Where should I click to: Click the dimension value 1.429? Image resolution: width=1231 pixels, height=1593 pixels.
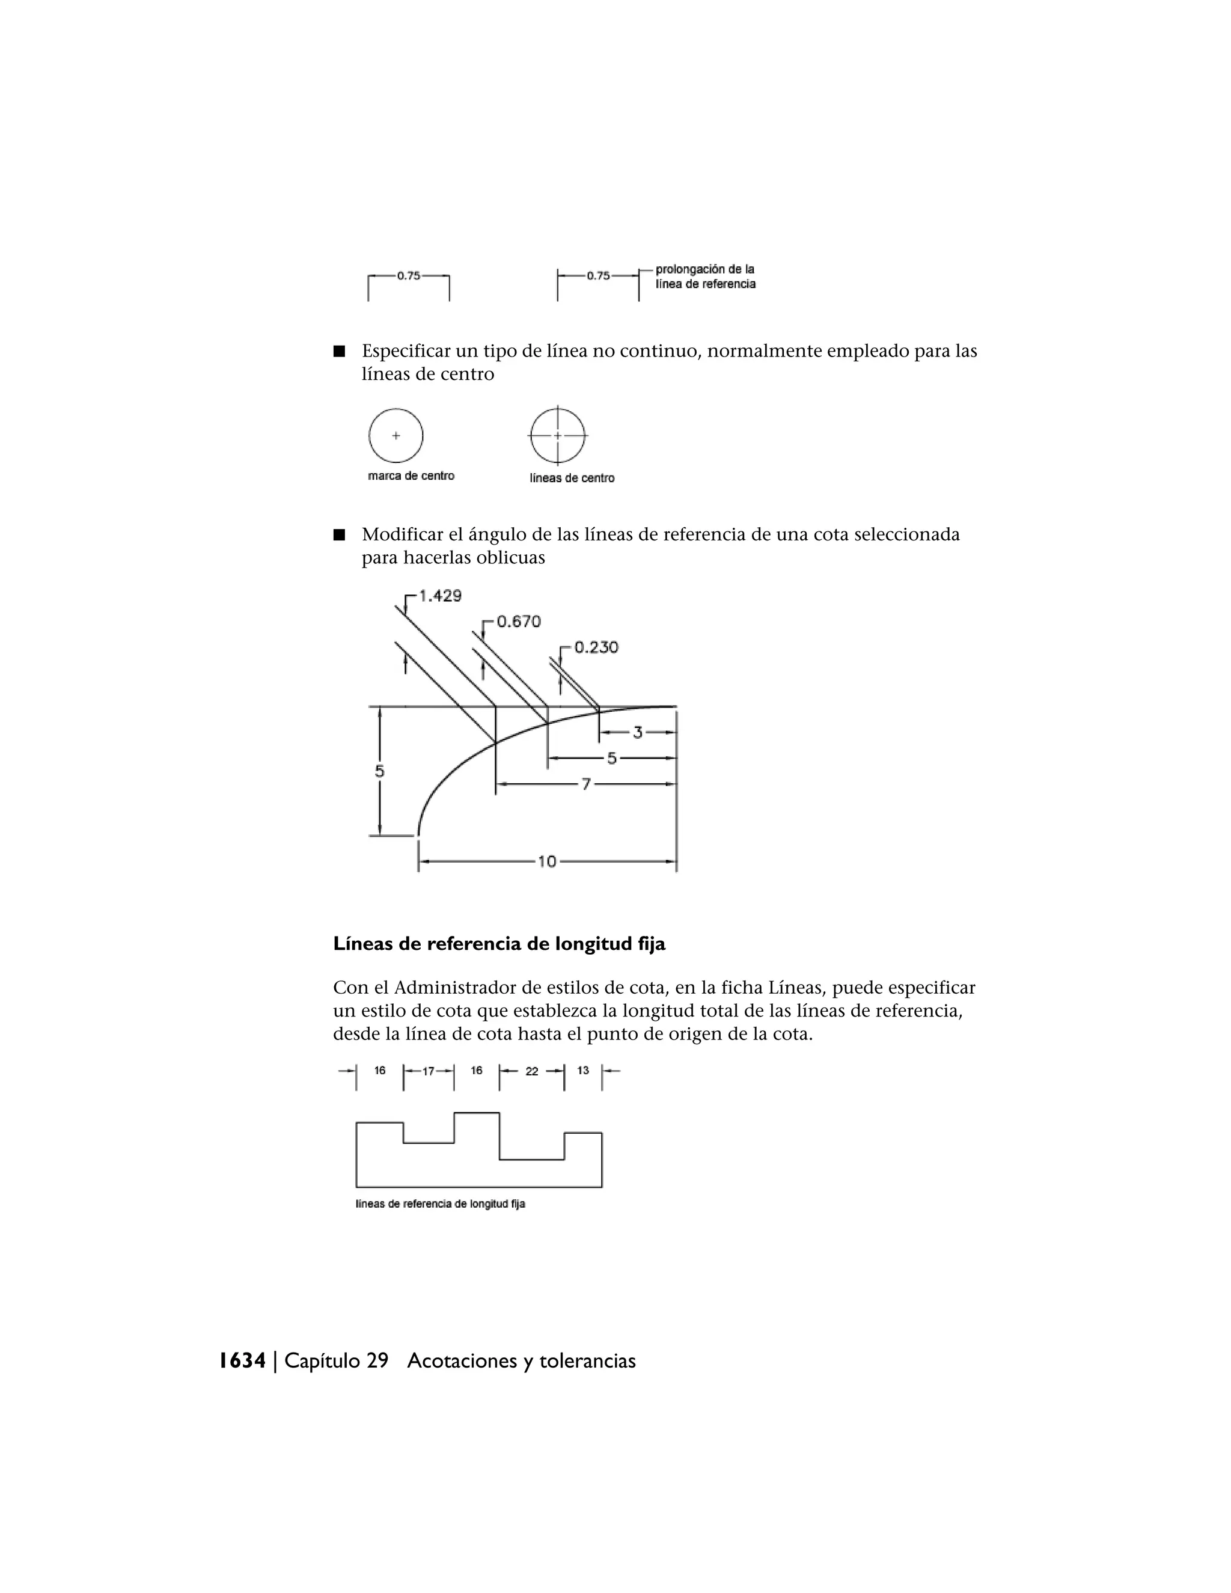pyautogui.click(x=440, y=596)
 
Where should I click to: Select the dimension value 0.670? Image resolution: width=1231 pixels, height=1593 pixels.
pyautogui.click(x=519, y=622)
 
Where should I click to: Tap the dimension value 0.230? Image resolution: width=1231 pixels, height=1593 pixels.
pyautogui.click(x=596, y=647)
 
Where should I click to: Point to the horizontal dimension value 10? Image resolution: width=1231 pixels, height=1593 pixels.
pyautogui.click(x=547, y=861)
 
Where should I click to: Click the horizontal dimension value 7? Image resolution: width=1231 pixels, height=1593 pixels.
pyautogui.click(x=585, y=784)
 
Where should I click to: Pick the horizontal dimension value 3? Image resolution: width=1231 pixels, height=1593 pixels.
pyautogui.click(x=637, y=732)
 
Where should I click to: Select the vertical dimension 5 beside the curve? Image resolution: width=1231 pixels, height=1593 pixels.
pyautogui.click(x=379, y=771)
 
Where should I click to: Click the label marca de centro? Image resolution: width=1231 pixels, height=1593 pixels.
pyautogui.click(x=411, y=475)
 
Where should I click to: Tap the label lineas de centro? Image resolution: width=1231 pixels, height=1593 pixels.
pyautogui.click(x=572, y=478)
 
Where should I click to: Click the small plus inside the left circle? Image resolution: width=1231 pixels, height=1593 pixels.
pyautogui.click(x=396, y=435)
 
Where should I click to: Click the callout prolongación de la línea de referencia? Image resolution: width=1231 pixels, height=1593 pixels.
pyautogui.click(x=704, y=277)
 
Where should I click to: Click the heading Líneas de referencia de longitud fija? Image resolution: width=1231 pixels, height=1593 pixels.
pyautogui.click(x=499, y=944)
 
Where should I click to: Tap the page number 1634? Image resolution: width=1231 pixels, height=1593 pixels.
pyautogui.click(x=243, y=1360)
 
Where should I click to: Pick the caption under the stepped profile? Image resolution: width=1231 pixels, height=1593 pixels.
pyautogui.click(x=441, y=1203)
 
